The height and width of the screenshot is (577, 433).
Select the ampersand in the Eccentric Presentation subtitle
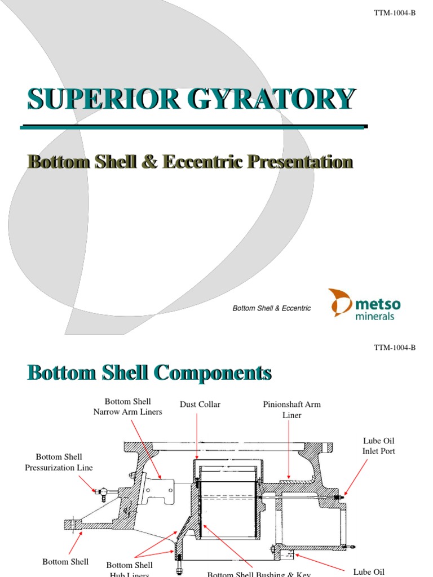pyautogui.click(x=151, y=162)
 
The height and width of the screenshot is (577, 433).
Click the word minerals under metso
pyautogui.click(x=375, y=316)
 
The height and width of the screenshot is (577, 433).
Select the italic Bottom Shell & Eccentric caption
pyautogui.click(x=272, y=308)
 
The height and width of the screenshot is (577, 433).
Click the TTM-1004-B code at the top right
pyautogui.click(x=395, y=12)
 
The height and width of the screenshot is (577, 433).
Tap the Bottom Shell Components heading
pyautogui.click(x=150, y=373)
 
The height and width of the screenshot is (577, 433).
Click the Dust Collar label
pyautogui.click(x=200, y=405)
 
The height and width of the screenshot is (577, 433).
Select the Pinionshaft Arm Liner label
pyautogui.click(x=291, y=410)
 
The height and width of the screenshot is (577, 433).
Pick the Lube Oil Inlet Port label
pyautogui.click(x=378, y=446)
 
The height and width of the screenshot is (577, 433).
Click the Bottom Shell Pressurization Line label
pyautogui.click(x=59, y=462)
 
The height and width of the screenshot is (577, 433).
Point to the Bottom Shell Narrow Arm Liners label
pyautogui.click(x=127, y=406)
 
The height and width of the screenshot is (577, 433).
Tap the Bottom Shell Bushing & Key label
pyautogui.click(x=259, y=574)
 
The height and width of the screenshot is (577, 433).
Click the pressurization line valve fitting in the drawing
pyautogui.click(x=101, y=492)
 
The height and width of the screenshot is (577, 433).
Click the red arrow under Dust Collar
pyautogui.click(x=197, y=437)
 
